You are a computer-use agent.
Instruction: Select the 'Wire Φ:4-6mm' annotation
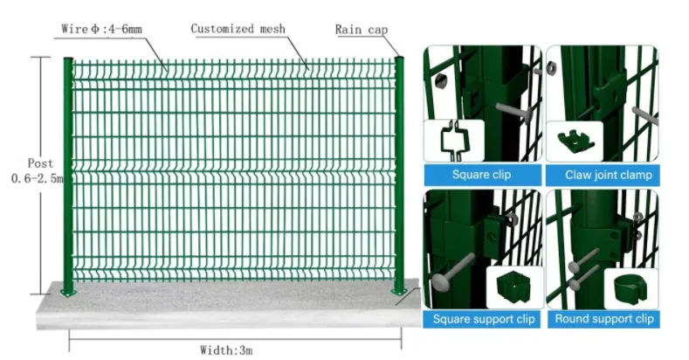pos(102,30)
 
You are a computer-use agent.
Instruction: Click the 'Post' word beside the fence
pos(40,163)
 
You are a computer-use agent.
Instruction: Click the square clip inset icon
pos(454,140)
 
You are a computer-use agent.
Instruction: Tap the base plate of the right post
pos(398,290)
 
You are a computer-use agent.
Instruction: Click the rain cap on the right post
pos(399,59)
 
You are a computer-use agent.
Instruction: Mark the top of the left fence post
pos(68,59)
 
